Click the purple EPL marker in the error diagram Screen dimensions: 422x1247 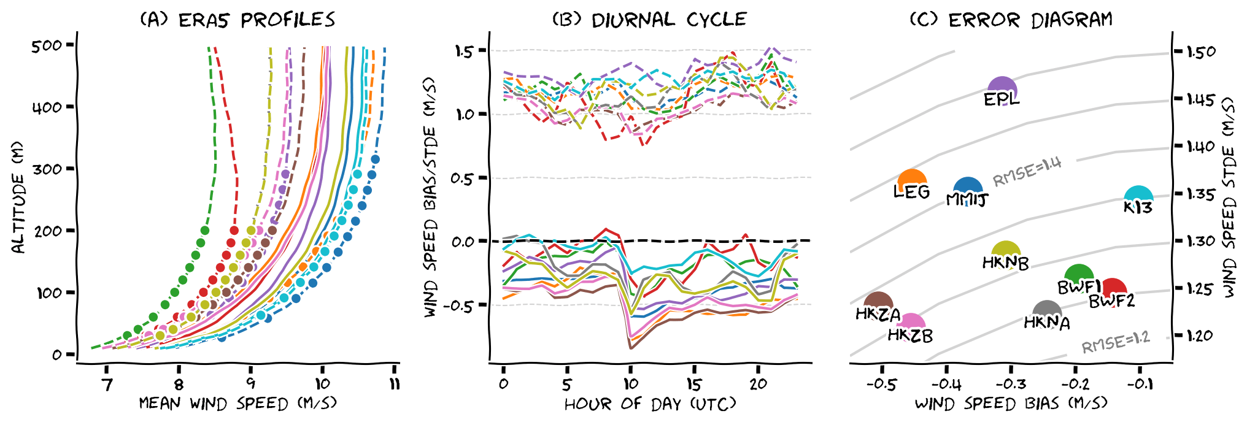[x=1002, y=87]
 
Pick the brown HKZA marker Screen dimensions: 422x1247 [x=878, y=302]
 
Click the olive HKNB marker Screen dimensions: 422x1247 [x=1005, y=251]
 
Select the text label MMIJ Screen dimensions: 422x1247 [x=967, y=200]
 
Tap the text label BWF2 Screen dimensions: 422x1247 [x=1111, y=301]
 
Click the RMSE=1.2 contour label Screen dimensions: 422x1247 [x=1115, y=343]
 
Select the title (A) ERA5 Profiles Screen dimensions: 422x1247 [x=237, y=20]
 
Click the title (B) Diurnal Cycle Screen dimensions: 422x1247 [x=649, y=20]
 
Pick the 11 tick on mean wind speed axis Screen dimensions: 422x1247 [x=395, y=385]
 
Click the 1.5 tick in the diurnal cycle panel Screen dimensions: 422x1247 [x=464, y=51]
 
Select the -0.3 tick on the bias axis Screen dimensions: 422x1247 [x=1010, y=385]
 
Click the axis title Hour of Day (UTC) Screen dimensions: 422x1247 [x=649, y=404]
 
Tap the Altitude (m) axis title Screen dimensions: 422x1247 [x=18, y=198]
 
